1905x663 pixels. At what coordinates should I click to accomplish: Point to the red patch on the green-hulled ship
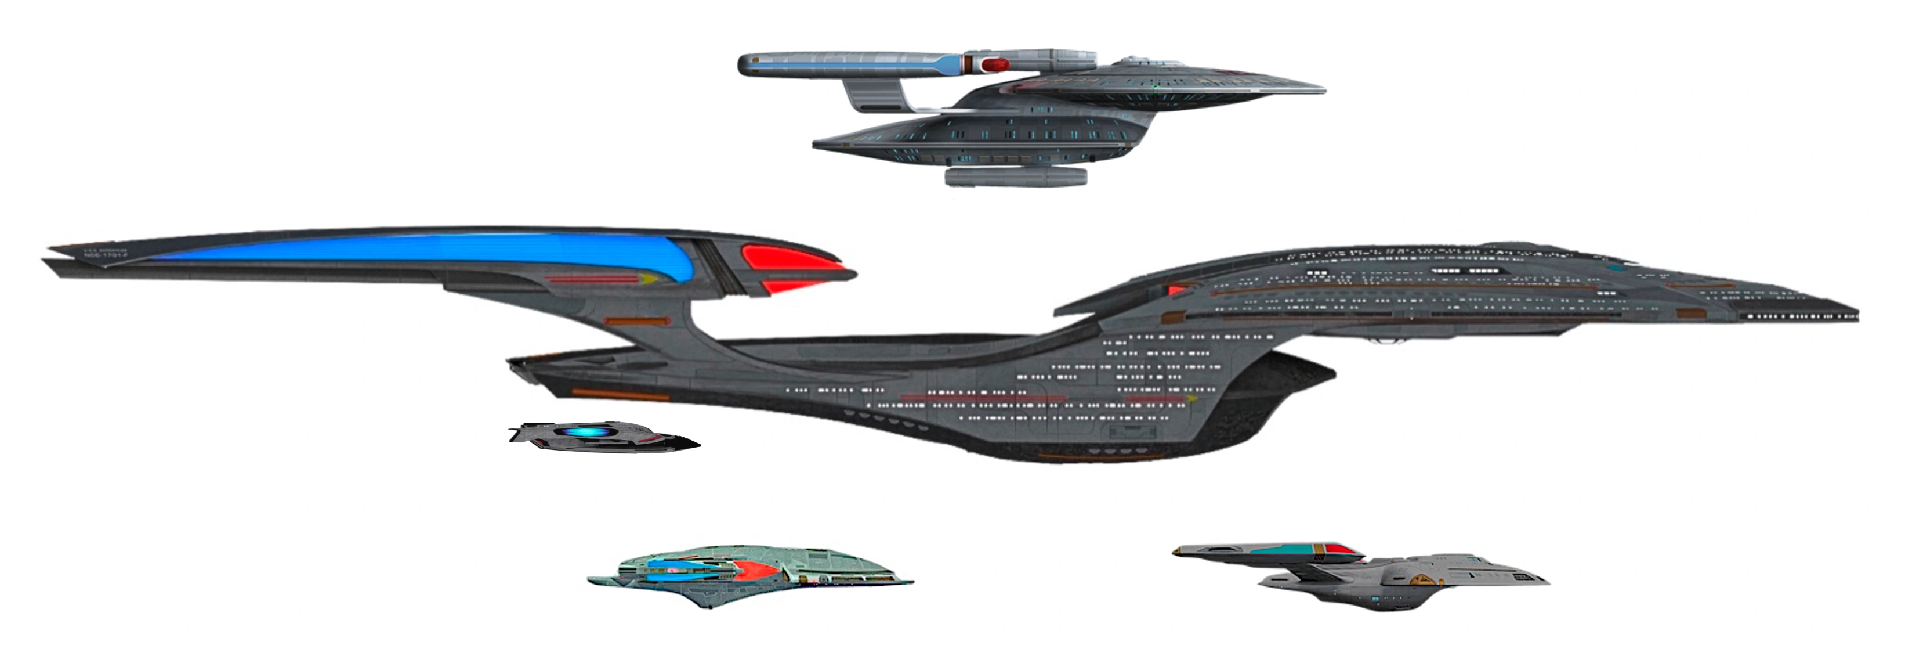click(x=754, y=568)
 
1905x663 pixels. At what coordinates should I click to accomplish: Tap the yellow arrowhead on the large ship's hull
click(x=1192, y=399)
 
